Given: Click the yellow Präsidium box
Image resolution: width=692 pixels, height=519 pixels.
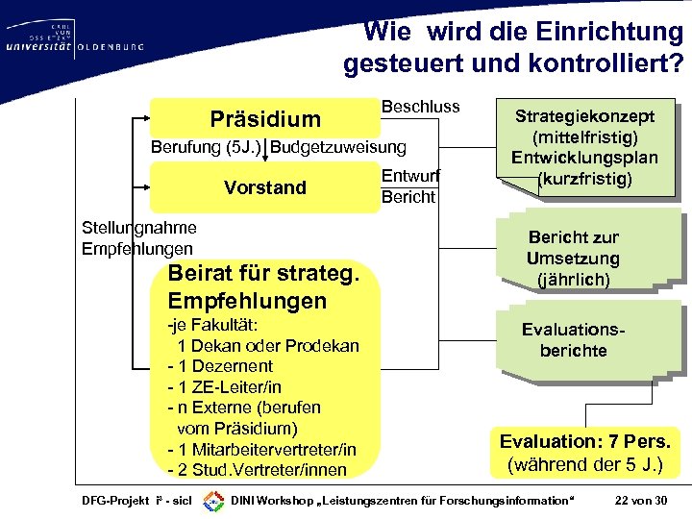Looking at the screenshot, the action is tap(264, 119).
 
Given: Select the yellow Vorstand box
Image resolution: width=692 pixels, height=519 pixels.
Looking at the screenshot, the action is tap(264, 187).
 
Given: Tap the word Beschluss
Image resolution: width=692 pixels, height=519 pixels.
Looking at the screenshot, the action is tap(421, 107).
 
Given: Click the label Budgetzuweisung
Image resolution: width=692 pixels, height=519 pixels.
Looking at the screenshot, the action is tap(339, 147).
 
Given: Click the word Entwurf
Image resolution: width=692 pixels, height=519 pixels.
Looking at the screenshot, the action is tap(410, 176).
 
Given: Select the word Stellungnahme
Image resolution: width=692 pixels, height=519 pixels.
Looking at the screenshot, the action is tap(140, 228).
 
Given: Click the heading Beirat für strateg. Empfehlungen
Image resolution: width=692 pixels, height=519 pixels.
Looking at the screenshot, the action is tap(263, 286).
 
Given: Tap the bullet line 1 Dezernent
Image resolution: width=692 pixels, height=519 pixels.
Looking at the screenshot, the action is tap(220, 366).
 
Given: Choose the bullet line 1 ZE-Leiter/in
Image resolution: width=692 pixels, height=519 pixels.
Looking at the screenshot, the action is tap(224, 387).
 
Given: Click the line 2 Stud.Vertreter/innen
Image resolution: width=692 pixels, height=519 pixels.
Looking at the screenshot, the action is tap(257, 471).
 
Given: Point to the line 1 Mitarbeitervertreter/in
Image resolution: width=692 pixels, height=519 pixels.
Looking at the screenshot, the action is tap(261, 450).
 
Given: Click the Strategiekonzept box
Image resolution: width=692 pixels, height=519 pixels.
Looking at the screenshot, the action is tap(584, 147).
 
